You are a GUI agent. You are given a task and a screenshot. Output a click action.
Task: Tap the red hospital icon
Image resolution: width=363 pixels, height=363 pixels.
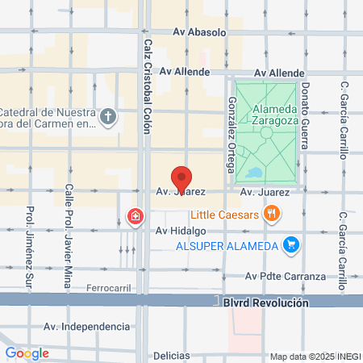[134, 215]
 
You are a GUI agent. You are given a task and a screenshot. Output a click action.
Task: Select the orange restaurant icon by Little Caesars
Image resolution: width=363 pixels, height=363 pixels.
[273, 215]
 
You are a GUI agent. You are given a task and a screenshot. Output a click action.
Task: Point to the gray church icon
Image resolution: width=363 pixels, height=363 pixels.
[110, 118]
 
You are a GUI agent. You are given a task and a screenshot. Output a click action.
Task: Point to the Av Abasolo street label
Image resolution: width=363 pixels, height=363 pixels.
[207, 33]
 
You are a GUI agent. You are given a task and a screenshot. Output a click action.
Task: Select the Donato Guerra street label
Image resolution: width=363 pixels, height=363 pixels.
[306, 116]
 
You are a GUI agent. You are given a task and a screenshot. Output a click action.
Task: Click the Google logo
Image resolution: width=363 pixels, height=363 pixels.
[27, 353]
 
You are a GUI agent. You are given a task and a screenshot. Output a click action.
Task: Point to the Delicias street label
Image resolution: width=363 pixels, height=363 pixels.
[171, 355]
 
